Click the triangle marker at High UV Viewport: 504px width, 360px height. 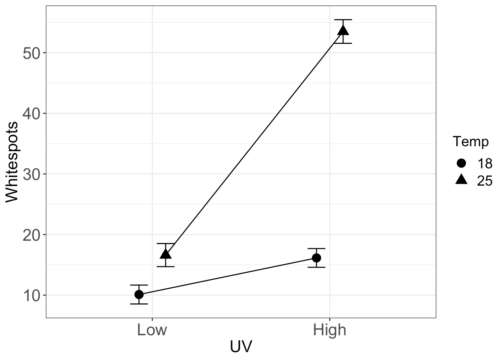tap(343, 30)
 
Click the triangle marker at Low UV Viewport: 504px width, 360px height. tap(166, 254)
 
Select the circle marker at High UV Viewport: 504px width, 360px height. tap(316, 258)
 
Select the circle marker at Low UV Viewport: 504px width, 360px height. tap(139, 294)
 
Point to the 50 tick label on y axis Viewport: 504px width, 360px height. tap(32, 53)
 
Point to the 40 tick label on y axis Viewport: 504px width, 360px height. tap(32, 114)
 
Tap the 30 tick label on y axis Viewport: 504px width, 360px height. tap(32, 174)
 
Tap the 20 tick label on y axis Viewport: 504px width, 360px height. tap(32, 235)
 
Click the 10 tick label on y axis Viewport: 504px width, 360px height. tap(32, 295)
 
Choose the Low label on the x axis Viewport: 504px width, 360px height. tap(152, 330)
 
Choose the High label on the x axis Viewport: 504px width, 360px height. tap(330, 330)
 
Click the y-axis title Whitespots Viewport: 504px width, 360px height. tap(12, 162)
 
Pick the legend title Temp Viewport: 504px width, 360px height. tap(471, 142)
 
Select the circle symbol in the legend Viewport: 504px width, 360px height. tap(461, 163)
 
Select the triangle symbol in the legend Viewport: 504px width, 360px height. tap(461, 180)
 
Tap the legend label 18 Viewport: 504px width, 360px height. tap(484, 163)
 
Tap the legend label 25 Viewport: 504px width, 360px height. tap(484, 181)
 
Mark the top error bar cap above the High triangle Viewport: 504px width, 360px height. tap(343, 19)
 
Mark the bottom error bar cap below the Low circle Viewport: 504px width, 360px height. tap(139, 304)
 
